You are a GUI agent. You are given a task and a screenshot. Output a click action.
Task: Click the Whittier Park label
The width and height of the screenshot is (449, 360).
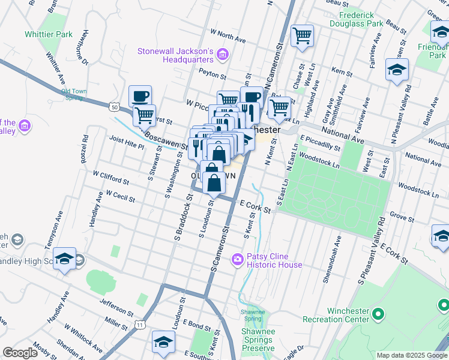tap(49, 35)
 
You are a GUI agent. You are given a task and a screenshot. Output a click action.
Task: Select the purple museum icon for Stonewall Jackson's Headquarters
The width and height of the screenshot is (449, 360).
tap(222, 55)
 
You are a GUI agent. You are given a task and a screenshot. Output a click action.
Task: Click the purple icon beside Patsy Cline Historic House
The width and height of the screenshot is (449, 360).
tap(238, 259)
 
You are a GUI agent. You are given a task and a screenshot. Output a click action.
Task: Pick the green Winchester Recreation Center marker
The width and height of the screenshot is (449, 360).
tap(378, 314)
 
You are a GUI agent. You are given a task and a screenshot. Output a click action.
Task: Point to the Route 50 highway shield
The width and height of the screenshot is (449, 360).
tap(114, 106)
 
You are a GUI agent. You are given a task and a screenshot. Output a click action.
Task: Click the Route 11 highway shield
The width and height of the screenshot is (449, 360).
tap(140, 325)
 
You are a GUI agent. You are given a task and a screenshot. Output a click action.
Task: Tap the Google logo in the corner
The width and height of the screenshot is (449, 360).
tap(20, 353)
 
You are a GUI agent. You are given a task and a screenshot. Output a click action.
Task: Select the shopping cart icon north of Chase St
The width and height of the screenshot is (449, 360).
tap(302, 36)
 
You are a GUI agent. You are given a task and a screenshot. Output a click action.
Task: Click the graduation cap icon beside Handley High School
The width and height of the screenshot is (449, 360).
tap(64, 260)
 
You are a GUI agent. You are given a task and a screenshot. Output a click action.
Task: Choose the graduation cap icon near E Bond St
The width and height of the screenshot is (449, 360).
tap(163, 342)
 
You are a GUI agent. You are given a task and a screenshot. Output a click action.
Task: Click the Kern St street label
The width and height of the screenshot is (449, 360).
tap(341, 72)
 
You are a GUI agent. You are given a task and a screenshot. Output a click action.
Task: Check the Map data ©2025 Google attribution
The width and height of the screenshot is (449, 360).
tap(411, 355)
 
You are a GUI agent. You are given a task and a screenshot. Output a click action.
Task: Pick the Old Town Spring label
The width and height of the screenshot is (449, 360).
tap(74, 95)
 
